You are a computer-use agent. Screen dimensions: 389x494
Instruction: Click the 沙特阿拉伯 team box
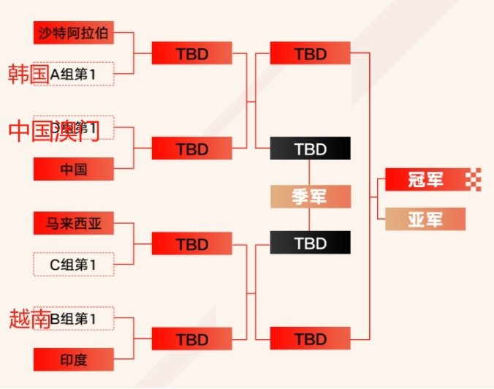[x=73, y=33]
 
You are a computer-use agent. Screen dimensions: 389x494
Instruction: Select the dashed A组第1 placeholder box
[x=73, y=74]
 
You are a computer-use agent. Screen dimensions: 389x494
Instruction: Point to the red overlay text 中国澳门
[x=53, y=130]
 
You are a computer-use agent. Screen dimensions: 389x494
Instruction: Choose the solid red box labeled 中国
[x=73, y=169]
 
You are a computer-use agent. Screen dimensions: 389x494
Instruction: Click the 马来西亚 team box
[x=73, y=223]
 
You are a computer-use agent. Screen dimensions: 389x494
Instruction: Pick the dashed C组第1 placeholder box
[x=73, y=264]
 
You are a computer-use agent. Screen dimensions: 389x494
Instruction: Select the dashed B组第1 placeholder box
[x=73, y=318]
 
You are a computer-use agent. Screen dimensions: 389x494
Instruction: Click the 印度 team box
[x=73, y=359]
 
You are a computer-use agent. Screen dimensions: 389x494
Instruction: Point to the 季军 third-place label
[x=310, y=197]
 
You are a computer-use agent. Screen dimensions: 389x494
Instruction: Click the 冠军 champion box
[x=425, y=179]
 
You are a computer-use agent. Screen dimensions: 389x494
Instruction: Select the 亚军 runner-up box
[x=425, y=219]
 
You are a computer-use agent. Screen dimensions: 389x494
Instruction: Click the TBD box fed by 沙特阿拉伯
[x=191, y=53]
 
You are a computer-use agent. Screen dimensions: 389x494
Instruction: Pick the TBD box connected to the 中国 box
[x=191, y=148]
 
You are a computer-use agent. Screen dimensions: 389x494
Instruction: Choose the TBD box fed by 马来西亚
[x=191, y=243]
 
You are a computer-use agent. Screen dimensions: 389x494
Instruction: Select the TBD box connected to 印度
[x=191, y=339]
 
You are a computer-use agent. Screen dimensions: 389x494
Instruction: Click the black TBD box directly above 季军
[x=310, y=148]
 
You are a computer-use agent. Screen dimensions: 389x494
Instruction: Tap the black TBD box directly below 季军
[x=310, y=243]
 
